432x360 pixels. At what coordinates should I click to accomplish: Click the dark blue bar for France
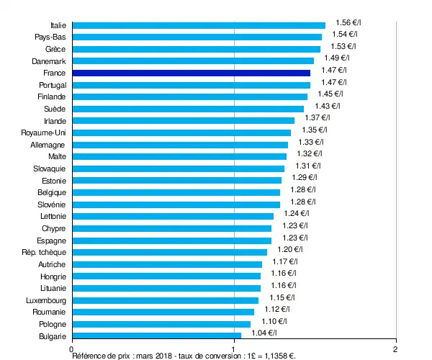pos(192,73)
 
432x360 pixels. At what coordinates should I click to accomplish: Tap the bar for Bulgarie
pos(157,336)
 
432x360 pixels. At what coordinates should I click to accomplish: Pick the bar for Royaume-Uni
pos(182,132)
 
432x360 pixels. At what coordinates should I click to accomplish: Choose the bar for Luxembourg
pos(166,300)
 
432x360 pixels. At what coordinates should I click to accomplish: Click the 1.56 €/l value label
pos(349,22)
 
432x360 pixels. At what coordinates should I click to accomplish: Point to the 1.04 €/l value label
pos(262,333)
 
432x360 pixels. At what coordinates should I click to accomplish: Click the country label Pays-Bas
pos(50,37)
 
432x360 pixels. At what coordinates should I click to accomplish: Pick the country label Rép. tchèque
pos(45,252)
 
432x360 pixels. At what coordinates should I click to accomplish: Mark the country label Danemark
pos(48,61)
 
